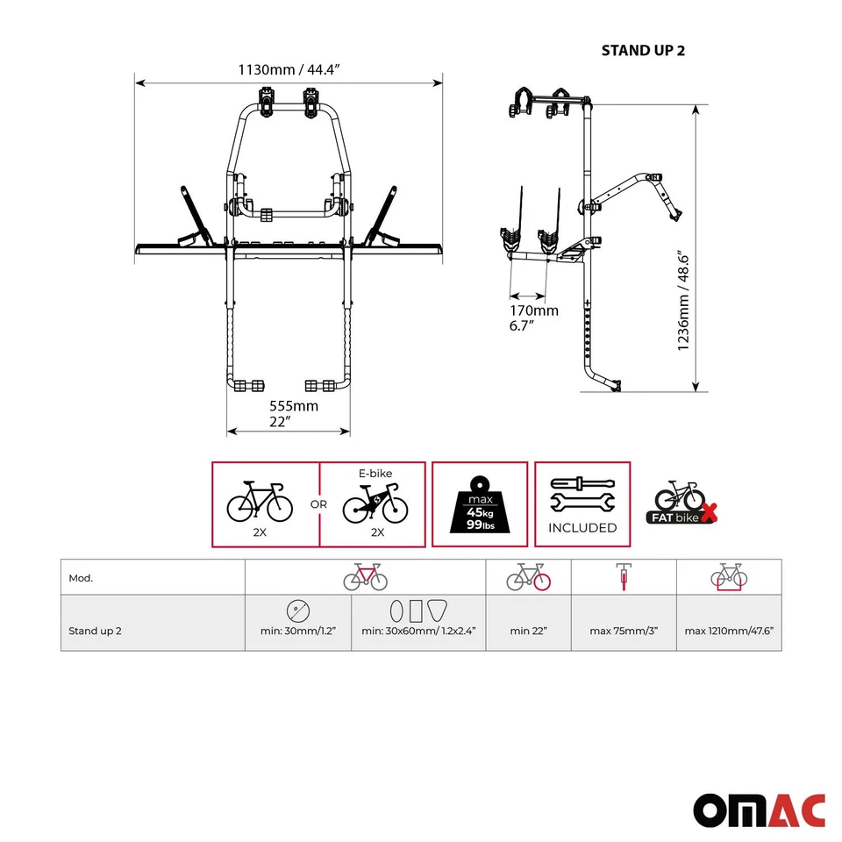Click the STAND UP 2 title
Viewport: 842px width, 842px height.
(643, 50)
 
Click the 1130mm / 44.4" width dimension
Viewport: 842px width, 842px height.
(289, 68)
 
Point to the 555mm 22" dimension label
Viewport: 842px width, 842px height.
(293, 414)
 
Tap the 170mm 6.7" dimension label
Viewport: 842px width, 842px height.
(534, 318)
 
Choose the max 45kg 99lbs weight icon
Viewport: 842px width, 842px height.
(480, 505)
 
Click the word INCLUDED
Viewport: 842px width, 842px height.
(582, 528)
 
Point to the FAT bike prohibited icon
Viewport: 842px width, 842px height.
(682, 503)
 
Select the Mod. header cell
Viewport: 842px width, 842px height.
(81, 578)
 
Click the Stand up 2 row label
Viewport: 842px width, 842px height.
(96, 630)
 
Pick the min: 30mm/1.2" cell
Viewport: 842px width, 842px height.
(298, 630)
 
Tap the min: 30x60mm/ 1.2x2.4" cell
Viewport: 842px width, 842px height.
(418, 630)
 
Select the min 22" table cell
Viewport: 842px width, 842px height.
(529, 630)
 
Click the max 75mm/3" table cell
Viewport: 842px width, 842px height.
(624, 630)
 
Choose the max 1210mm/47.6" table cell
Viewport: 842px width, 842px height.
(729, 630)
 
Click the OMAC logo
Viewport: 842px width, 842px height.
(760, 810)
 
